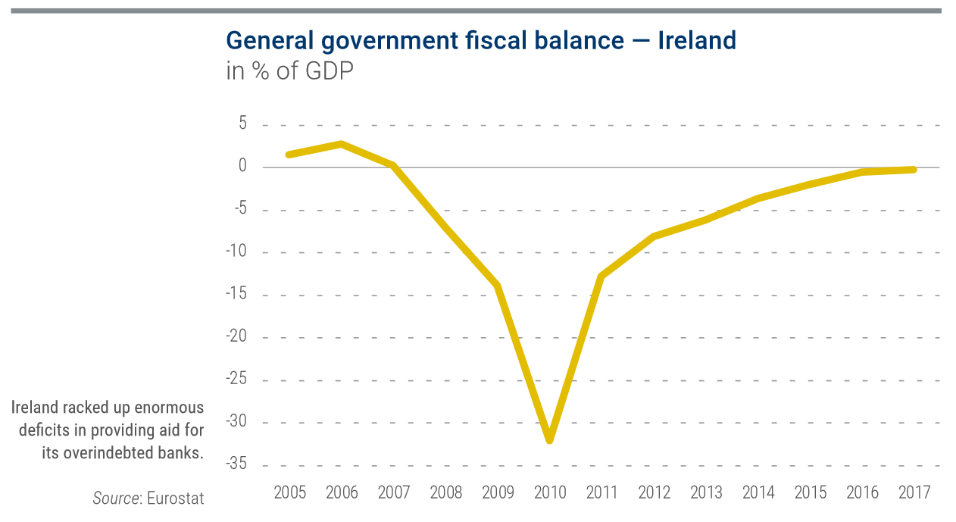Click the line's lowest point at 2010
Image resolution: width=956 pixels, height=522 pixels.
coord(550,439)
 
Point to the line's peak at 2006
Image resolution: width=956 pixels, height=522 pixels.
coord(342,144)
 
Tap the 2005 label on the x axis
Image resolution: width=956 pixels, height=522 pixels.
coord(290,493)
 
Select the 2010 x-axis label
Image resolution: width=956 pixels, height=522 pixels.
coord(550,493)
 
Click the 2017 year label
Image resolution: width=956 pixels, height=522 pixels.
coord(914,493)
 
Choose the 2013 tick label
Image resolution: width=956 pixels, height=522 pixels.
coord(706,493)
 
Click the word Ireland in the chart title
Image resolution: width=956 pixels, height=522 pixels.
coord(696,40)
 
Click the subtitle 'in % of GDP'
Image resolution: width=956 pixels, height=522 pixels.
coord(289,72)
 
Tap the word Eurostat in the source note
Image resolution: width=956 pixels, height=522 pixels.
coord(176,499)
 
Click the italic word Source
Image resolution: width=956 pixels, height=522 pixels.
coord(116,499)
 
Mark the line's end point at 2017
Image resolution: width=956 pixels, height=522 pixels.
coord(914,170)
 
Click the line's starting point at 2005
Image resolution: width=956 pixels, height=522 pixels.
coord(289,155)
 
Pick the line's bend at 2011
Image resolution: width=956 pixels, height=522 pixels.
coord(601,276)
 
